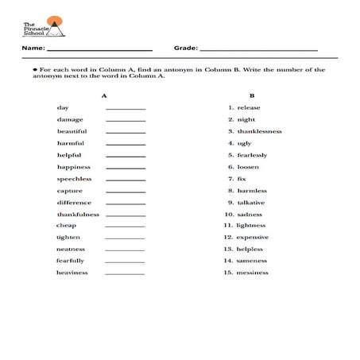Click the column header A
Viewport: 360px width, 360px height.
point(104,95)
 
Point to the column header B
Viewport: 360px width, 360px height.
point(251,95)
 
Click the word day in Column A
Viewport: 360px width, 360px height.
point(62,107)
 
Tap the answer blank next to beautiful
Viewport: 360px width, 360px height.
point(126,132)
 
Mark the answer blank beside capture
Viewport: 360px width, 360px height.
point(126,192)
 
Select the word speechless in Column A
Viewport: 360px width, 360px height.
point(74,179)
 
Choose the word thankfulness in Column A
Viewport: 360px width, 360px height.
point(77,215)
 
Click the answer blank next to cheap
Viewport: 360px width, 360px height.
point(126,226)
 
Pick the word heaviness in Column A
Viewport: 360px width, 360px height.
point(72,273)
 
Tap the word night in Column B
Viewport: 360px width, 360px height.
point(246,119)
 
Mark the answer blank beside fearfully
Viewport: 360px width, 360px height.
point(126,261)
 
